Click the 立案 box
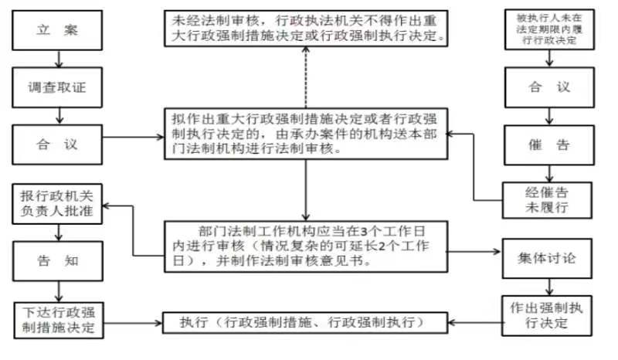tap(57, 30)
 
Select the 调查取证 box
tap(57, 87)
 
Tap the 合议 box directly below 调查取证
tap(57, 144)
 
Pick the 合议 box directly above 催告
tap(549, 87)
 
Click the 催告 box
tap(549, 145)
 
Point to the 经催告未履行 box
tap(547, 200)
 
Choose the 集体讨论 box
tap(547, 259)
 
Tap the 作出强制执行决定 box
tap(547, 316)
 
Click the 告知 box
tap(58, 261)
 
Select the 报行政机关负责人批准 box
tap(57, 204)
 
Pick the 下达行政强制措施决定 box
tap(59, 321)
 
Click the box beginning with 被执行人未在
tap(549, 29)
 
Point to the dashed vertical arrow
tap(305, 77)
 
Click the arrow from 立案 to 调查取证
tap(59, 59)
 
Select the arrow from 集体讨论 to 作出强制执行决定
tap(549, 287)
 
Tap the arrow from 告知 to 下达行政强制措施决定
tap(59, 292)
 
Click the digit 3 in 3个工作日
tap(364, 231)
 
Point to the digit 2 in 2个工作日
tap(381, 246)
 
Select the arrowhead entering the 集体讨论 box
tap(497, 252)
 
